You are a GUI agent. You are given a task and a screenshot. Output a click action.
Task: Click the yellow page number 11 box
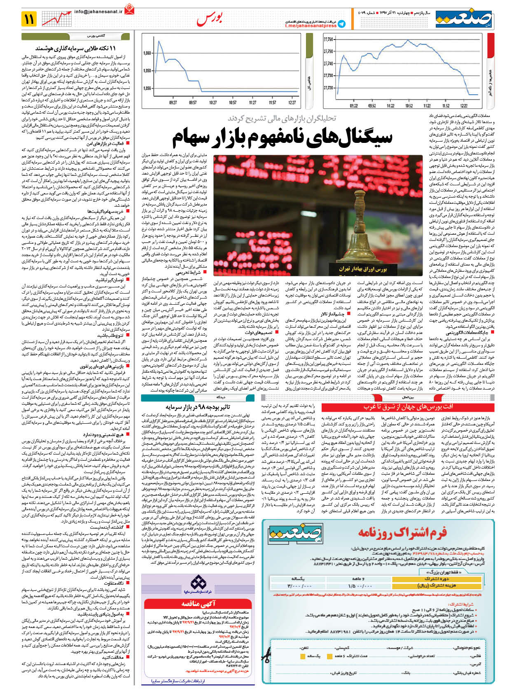coord(30,19)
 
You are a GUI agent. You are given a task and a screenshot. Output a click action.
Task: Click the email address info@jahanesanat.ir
coord(98,12)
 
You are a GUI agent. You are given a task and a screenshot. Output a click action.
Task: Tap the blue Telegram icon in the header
coord(341,24)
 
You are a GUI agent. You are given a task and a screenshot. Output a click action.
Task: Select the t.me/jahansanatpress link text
coord(311,26)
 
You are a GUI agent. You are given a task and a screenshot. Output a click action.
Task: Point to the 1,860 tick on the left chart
coord(147,53)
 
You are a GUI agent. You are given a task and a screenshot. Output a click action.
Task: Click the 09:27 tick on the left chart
coord(173,102)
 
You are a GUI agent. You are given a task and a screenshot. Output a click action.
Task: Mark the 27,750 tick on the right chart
coord(328,51)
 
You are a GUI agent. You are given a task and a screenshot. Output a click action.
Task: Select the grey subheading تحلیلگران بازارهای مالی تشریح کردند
coord(282,119)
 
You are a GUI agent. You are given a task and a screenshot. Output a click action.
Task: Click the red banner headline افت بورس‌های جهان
coord(408,406)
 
